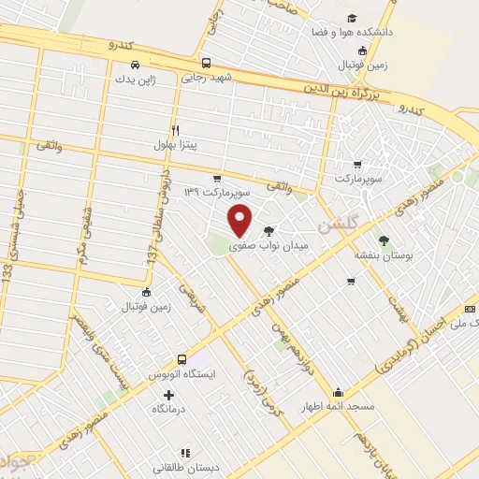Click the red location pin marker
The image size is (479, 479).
[241, 220]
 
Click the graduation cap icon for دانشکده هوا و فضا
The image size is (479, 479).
[351, 18]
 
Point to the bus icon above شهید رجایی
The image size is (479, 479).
[206, 65]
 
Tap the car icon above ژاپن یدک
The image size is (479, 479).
[136, 65]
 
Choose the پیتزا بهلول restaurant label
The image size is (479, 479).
[176, 146]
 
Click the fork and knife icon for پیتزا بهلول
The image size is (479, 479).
[175, 130]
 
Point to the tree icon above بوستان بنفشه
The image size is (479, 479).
[384, 239]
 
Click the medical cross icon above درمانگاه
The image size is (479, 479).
[168, 396]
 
